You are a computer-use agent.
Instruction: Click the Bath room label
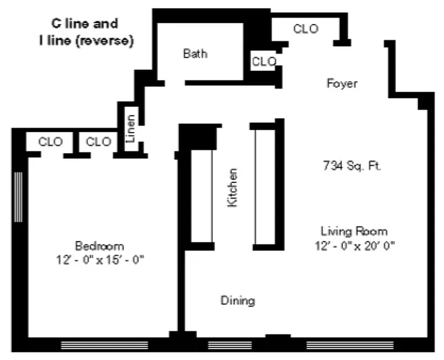[195, 54]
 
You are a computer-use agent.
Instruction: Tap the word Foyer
[342, 83]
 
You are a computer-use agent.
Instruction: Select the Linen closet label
[130, 129]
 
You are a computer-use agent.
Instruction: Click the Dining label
[238, 300]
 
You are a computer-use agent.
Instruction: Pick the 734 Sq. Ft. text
[352, 166]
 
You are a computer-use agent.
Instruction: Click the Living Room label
[354, 231]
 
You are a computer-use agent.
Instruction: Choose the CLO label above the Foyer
[305, 29]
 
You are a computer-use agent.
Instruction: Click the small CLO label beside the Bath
[264, 62]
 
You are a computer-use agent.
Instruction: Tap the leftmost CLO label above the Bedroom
[50, 142]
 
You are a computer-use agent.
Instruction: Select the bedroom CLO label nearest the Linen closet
[98, 142]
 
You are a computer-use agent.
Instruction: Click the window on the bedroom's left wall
[18, 197]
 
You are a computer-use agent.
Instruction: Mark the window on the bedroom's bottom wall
[104, 345]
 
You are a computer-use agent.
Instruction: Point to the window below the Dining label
[229, 345]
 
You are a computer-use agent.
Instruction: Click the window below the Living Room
[350, 345]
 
